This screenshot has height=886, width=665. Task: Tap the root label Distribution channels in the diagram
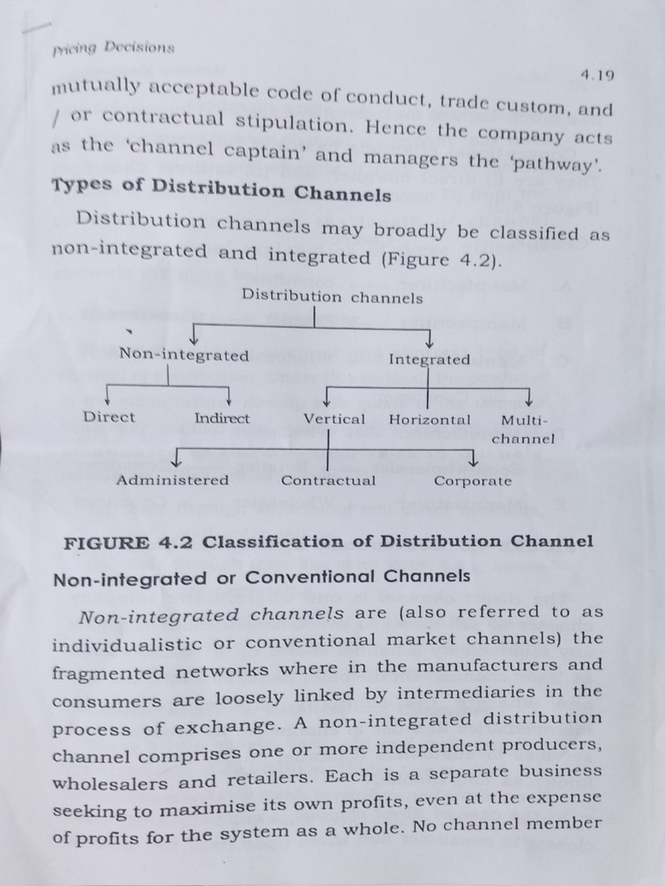[x=332, y=297]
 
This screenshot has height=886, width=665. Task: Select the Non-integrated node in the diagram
[x=184, y=355]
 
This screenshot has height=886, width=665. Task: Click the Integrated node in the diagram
[x=429, y=359]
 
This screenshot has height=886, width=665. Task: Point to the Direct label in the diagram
[x=109, y=417]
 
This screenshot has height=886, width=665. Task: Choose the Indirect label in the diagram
[x=222, y=418]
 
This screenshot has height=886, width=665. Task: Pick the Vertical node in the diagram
[x=334, y=420]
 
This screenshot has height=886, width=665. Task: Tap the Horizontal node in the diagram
[x=429, y=420]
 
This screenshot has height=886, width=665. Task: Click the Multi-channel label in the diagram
[x=524, y=429]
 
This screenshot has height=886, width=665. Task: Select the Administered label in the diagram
[x=173, y=480]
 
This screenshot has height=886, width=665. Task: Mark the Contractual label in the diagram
[x=328, y=481]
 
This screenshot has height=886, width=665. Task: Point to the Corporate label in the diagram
[x=473, y=481]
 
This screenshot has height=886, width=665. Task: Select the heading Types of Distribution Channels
[x=222, y=189]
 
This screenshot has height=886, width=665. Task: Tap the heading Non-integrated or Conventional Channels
[x=261, y=576]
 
